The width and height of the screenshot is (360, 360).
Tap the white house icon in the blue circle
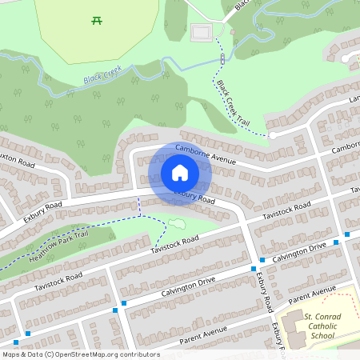(x=179, y=173)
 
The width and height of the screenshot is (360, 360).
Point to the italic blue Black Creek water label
(x=102, y=75)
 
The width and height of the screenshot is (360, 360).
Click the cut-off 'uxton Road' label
(x=18, y=162)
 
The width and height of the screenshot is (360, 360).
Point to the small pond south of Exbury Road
(x=176, y=222)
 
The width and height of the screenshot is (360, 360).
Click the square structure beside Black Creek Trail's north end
(x=202, y=33)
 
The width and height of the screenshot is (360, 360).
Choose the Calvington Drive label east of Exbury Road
(x=299, y=252)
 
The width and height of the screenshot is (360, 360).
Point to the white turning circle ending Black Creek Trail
(x=273, y=135)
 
